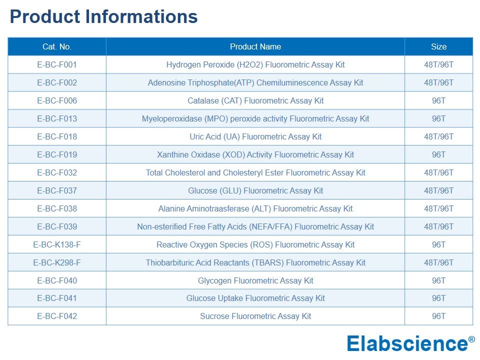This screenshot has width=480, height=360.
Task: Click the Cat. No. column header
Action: [57, 46]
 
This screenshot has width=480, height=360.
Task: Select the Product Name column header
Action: [255, 46]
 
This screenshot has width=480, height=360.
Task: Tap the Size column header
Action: [438, 46]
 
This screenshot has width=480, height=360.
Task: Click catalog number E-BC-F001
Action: [57, 64]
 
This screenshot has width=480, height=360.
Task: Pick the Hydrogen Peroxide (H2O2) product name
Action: [255, 64]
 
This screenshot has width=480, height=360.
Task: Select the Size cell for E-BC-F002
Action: [438, 82]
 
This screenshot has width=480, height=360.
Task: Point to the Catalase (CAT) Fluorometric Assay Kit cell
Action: [255, 100]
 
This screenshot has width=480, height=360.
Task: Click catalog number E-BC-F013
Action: [57, 119]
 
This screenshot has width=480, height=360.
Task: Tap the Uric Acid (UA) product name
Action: [255, 136]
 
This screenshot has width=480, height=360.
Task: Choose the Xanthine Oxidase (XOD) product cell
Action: [255, 154]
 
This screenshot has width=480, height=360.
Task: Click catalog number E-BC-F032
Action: [57, 172]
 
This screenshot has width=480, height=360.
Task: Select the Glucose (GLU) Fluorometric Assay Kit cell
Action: [255, 190]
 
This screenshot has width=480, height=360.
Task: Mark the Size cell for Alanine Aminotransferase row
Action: [438, 209]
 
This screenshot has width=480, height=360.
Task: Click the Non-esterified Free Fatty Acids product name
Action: [255, 226]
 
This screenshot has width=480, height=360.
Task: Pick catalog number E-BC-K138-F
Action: [57, 244]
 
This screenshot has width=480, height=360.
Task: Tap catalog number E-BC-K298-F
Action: [57, 262]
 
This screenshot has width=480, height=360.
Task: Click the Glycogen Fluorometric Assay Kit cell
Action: [255, 280]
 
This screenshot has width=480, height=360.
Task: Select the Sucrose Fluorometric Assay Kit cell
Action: [255, 316]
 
